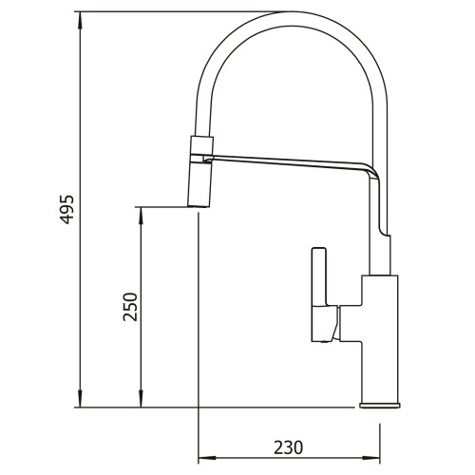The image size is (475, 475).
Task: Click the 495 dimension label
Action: tap(67, 210)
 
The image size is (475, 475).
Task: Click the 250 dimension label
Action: tap(130, 307)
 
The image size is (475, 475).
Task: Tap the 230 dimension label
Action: tap(288, 447)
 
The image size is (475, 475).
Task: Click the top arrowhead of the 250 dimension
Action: tap(141, 217)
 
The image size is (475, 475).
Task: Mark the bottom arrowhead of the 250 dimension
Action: tap(141, 398)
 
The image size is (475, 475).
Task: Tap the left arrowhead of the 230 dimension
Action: tap(207, 458)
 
